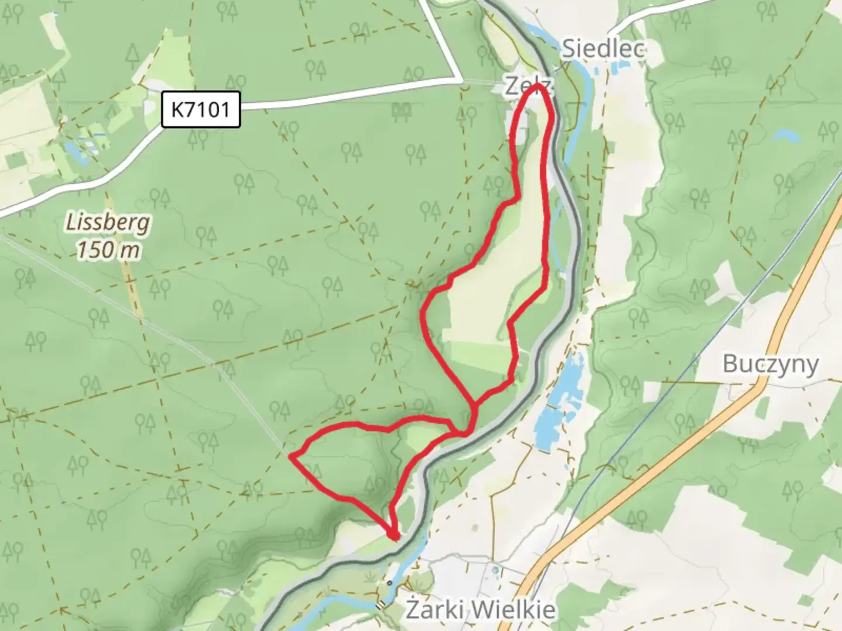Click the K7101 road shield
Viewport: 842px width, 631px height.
tap(201, 109)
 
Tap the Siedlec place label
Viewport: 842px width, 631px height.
tap(603, 48)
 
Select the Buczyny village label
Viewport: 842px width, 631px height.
tap(770, 363)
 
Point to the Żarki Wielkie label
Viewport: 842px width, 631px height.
tap(480, 610)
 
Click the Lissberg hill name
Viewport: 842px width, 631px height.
tap(108, 223)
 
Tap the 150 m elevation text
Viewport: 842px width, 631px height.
tap(109, 250)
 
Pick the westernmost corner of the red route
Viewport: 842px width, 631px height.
tap(291, 456)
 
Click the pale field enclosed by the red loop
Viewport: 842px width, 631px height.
tap(485, 304)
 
